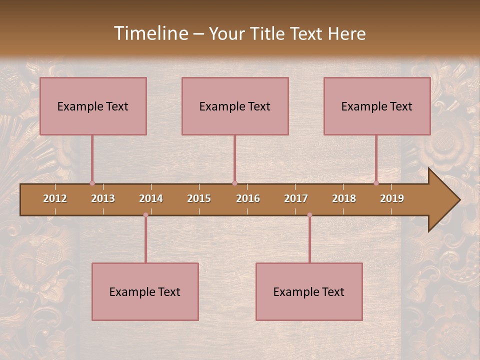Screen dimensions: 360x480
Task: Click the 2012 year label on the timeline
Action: [55, 198]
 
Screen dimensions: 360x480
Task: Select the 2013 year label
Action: [103, 198]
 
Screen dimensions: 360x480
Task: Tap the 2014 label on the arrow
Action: [151, 198]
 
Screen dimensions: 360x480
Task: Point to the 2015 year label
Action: [199, 198]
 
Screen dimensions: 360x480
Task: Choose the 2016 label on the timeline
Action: [248, 198]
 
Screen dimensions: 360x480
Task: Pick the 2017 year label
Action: [296, 198]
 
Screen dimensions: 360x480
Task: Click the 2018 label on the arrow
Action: [344, 198]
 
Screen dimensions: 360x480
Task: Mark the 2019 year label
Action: [392, 198]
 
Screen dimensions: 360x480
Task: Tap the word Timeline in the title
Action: [150, 33]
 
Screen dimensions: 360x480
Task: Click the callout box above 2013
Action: [93, 106]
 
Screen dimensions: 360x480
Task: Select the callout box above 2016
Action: [235, 106]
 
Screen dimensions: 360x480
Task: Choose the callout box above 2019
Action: [377, 106]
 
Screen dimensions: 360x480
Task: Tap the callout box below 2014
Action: [145, 291]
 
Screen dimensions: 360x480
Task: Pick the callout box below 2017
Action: [309, 291]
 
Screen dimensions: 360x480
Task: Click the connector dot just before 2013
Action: [92, 183]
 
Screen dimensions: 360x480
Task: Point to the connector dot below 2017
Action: [309, 215]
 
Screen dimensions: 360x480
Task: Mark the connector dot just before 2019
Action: [376, 183]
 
